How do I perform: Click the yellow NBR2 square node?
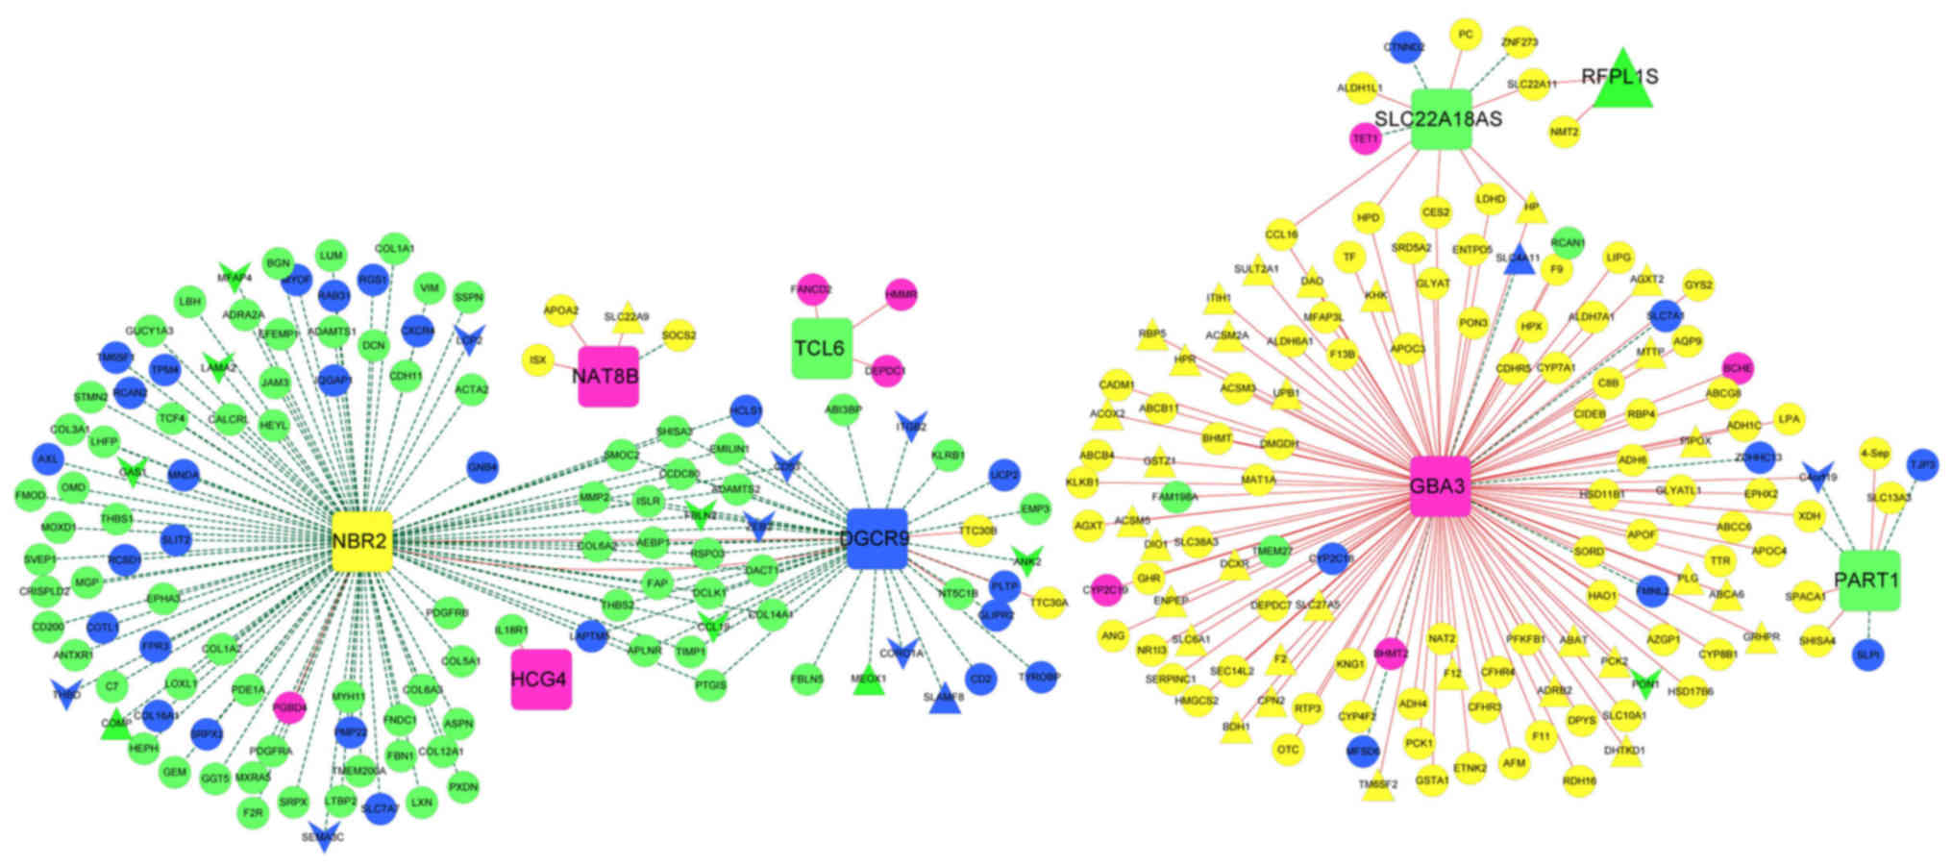click(360, 542)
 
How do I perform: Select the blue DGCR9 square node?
click(877, 539)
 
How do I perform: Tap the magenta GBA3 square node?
click(1439, 486)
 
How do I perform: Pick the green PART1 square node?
click(1868, 581)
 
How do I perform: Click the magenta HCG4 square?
click(540, 680)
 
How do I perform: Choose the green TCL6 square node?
click(821, 348)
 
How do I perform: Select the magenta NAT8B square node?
click(607, 376)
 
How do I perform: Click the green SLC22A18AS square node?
click(1441, 119)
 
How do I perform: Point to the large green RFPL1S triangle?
click(1622, 81)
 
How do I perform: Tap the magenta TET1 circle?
click(1366, 138)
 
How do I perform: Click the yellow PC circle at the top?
click(1465, 35)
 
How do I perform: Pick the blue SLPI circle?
click(1867, 655)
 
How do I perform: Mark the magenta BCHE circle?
click(1738, 368)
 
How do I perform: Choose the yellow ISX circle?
click(537, 360)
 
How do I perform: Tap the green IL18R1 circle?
click(511, 631)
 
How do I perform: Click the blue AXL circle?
click(47, 459)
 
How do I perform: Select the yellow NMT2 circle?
click(1565, 132)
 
